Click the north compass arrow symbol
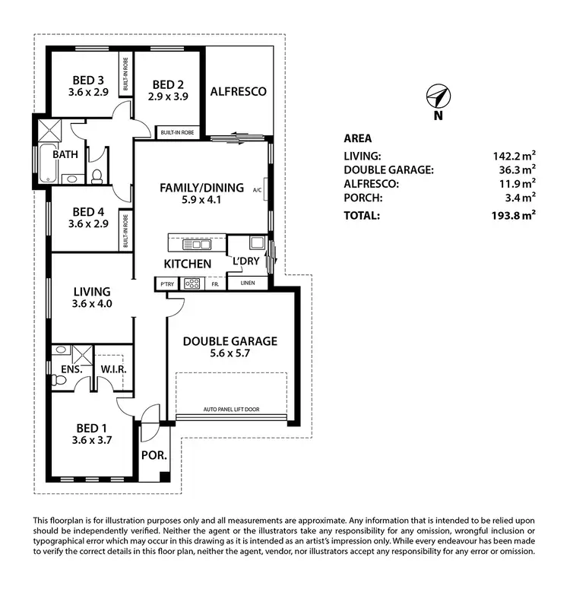point(438,97)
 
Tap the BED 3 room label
point(89,80)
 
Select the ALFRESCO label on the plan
point(239,92)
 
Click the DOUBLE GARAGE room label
point(230,341)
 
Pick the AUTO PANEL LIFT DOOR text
point(231,410)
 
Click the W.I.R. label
point(113,369)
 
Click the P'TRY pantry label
point(166,284)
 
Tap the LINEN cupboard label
point(247,284)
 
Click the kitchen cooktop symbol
point(192,284)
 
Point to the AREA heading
point(357,138)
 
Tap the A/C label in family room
point(257,191)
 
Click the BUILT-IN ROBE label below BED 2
point(176,132)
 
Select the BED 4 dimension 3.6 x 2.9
point(89,224)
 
